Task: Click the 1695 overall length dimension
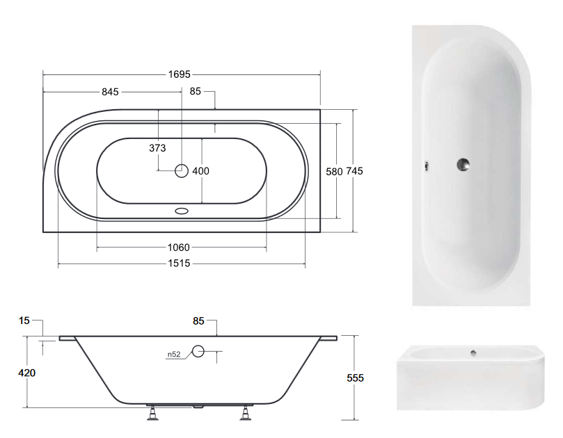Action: click(179, 74)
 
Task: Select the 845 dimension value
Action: click(110, 92)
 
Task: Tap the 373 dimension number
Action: click(157, 148)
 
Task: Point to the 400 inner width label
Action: click(200, 171)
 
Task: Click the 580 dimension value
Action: click(334, 172)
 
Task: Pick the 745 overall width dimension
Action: click(354, 171)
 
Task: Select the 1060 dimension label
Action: click(178, 248)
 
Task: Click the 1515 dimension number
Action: click(179, 263)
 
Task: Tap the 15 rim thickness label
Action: click(24, 321)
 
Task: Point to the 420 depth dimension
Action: click(27, 373)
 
